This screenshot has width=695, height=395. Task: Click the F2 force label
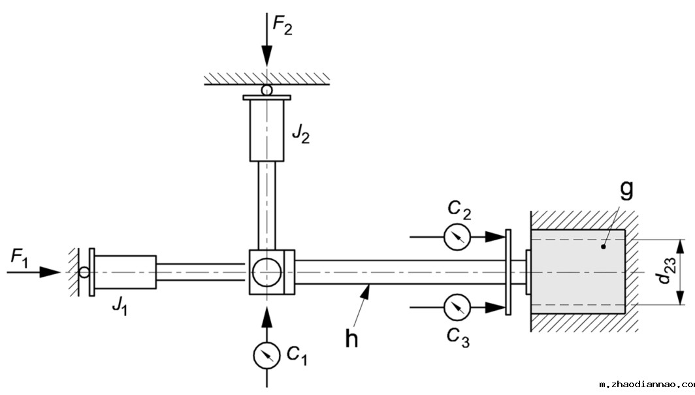[282, 25]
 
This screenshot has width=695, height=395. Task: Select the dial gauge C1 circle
[267, 355]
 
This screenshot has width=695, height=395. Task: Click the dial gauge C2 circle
[457, 237]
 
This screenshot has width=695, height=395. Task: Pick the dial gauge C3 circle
[457, 307]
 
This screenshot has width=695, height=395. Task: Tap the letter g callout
[626, 189]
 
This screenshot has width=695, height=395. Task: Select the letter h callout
[351, 340]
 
